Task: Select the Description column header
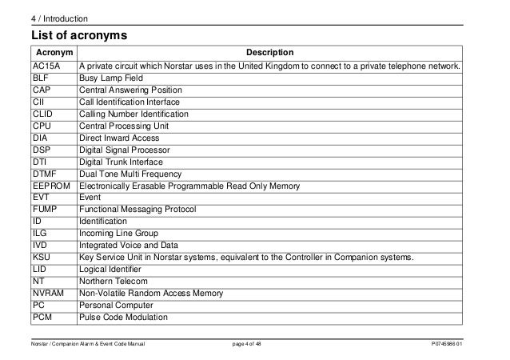pyautogui.click(x=269, y=53)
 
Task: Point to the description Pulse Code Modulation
pyautogui.click(x=122, y=317)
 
